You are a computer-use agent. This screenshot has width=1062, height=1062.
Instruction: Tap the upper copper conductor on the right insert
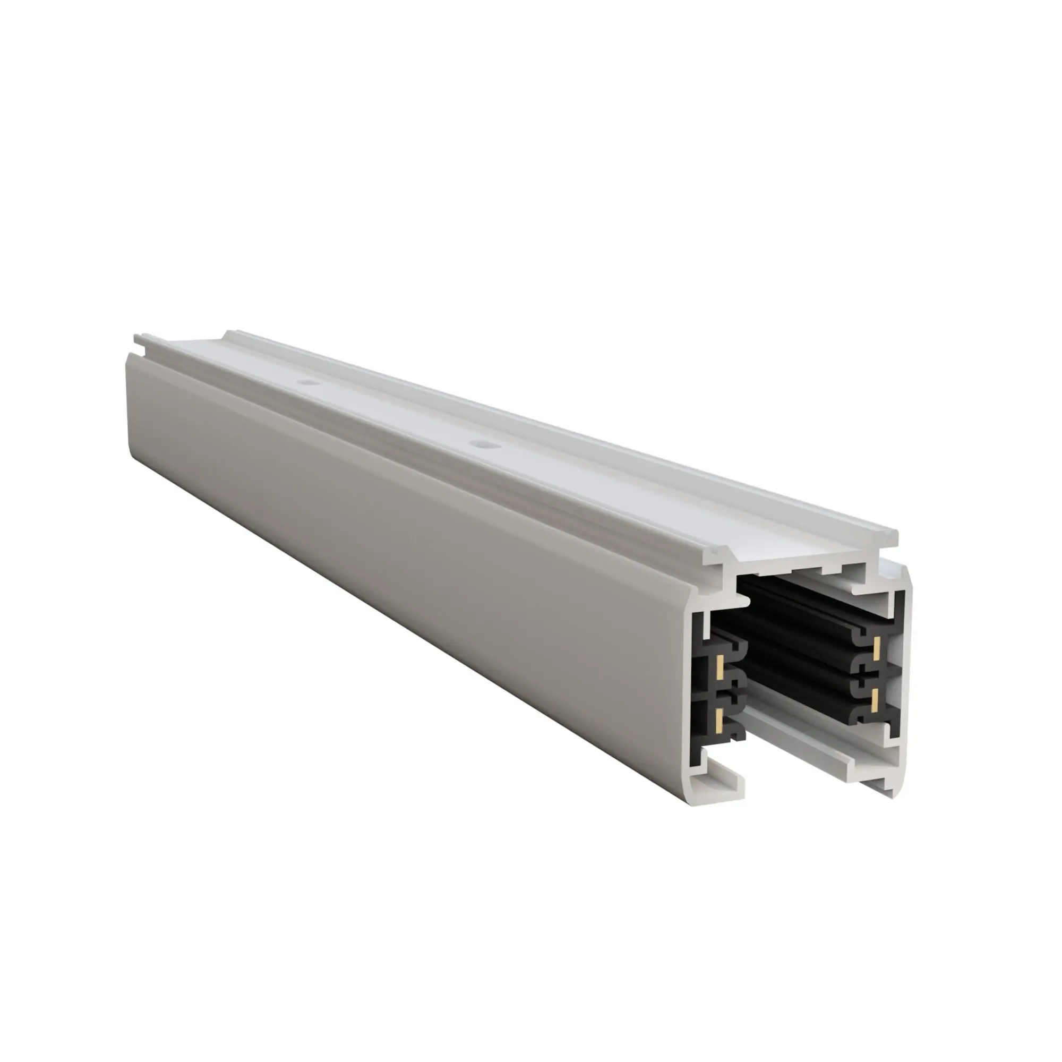pos(877,649)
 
